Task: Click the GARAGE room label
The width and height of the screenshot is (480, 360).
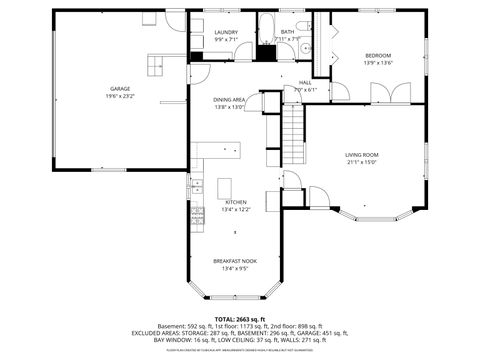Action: coord(120,88)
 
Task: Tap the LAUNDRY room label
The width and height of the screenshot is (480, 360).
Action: coord(226,32)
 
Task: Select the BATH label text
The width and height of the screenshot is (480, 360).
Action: coord(287,32)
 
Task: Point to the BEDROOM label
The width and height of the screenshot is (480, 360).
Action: coord(377,54)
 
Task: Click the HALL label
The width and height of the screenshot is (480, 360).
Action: coord(305,82)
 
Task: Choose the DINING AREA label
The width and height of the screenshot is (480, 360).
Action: coord(229,100)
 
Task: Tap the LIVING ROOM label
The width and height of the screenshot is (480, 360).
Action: coord(361,154)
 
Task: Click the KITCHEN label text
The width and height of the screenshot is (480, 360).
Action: coord(235,202)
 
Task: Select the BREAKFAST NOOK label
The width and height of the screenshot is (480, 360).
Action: coord(235,261)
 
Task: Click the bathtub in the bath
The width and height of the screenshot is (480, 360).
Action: coord(269,28)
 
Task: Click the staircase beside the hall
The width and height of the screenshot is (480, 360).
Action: coord(291,124)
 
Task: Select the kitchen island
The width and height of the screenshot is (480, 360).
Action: coord(224,187)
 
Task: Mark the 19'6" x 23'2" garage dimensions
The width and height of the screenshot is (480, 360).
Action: coord(120,96)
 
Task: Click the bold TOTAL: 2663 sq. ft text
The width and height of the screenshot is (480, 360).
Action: coord(240,318)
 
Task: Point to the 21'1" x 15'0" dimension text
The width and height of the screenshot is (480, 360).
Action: coord(361,162)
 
